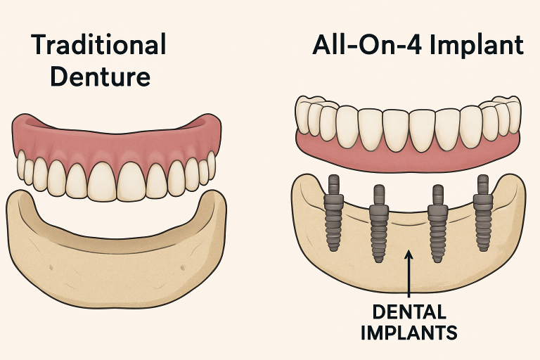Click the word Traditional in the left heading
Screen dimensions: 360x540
pos(98,46)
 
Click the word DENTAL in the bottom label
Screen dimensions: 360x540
pos(409,310)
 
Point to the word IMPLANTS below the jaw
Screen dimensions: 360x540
pos(409,331)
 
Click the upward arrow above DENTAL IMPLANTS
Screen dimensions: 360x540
pos(409,274)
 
